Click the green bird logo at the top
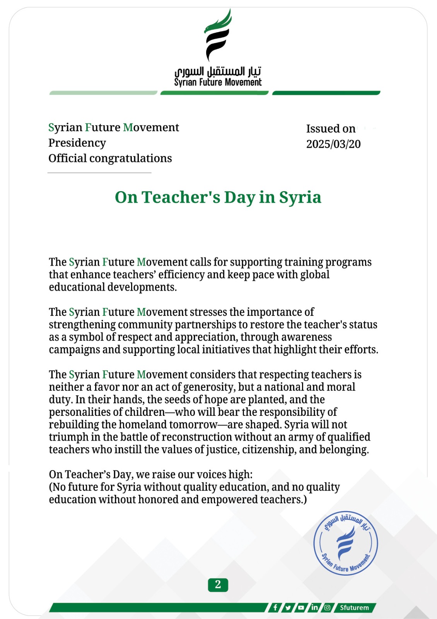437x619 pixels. (x=218, y=35)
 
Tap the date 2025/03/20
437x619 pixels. (x=333, y=144)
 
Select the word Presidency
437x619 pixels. (x=77, y=143)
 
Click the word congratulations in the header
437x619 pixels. (x=131, y=158)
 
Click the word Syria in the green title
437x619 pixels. (x=300, y=197)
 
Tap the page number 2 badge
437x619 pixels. (x=218, y=585)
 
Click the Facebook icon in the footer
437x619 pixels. (x=275, y=607)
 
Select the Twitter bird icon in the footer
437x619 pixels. (x=288, y=607)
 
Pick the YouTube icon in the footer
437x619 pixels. (x=301, y=607)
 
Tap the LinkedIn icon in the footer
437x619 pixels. (x=314, y=607)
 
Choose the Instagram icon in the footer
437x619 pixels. (x=327, y=607)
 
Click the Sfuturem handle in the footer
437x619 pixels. (x=354, y=607)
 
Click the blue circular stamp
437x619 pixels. (x=345, y=544)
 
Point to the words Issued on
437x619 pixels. (x=331, y=128)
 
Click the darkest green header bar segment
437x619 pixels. (x=326, y=93)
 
